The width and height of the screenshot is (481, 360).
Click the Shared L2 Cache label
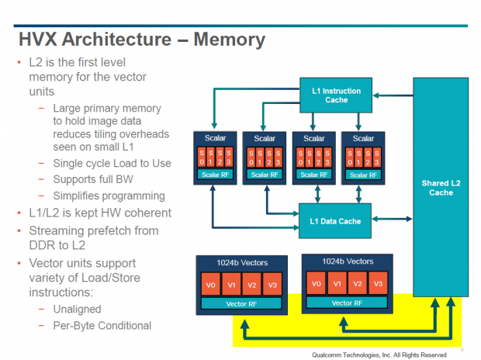click(441, 188)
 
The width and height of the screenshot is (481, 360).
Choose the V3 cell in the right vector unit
click(377, 283)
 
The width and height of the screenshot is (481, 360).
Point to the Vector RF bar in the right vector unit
click(347, 303)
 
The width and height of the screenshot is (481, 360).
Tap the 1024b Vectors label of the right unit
click(347, 261)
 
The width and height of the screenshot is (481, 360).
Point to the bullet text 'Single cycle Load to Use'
click(112, 163)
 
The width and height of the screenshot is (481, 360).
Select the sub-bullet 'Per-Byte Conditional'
click(102, 326)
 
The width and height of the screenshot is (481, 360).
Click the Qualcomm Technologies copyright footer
click(379, 352)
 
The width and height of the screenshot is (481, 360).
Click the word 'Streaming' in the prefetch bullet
click(57, 230)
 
